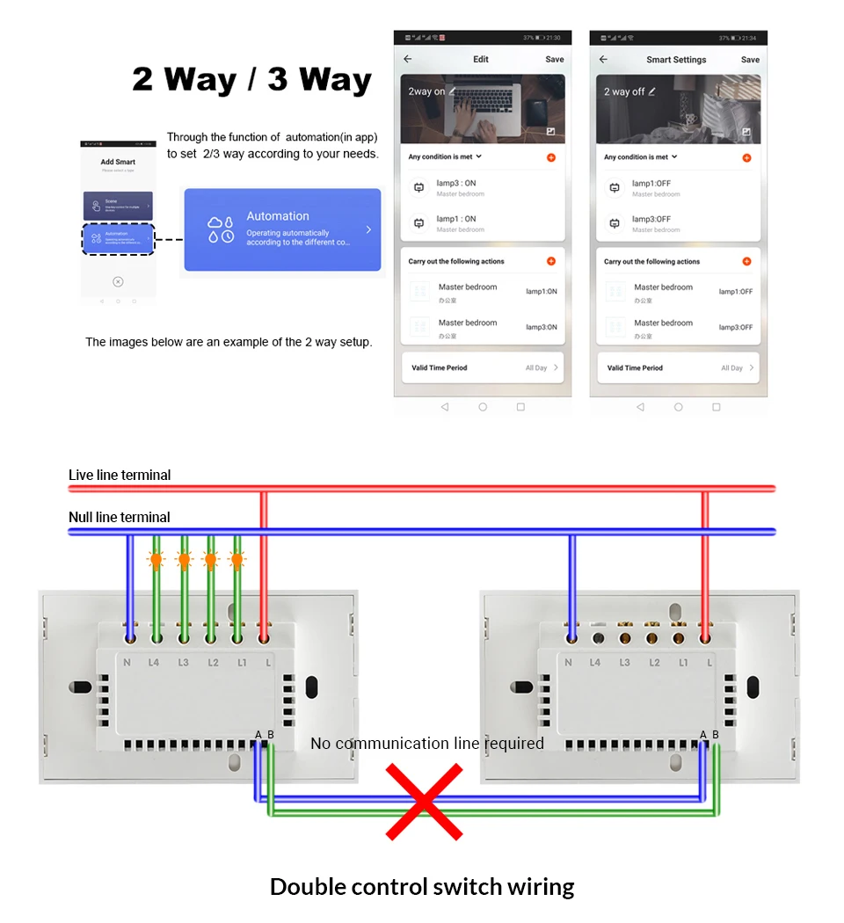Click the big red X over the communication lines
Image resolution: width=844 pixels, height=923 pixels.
(x=425, y=801)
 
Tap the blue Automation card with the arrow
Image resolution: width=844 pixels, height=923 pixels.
(x=282, y=229)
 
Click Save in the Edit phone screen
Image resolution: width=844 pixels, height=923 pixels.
(x=554, y=60)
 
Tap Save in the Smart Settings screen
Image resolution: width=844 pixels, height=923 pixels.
(x=750, y=60)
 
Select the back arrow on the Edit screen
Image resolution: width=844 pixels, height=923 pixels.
(x=408, y=60)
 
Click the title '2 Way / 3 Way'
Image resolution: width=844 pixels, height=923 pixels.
(x=251, y=79)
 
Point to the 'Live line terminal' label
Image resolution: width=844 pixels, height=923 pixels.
(x=120, y=476)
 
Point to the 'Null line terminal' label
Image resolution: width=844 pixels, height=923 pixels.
(x=120, y=518)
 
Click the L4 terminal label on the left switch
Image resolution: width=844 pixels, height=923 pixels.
(x=155, y=662)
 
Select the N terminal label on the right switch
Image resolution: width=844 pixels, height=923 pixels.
(x=568, y=662)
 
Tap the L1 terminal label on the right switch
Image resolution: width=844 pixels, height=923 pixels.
(x=683, y=662)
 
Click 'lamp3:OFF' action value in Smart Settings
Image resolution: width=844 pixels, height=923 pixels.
(x=735, y=327)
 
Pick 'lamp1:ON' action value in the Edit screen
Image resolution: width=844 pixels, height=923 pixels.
(x=541, y=292)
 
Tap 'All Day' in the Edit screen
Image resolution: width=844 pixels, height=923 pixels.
(x=536, y=368)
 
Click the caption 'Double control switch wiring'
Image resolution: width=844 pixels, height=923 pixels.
(x=422, y=886)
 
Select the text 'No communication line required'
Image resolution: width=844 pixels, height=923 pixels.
(x=427, y=744)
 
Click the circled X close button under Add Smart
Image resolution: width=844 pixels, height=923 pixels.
(x=118, y=281)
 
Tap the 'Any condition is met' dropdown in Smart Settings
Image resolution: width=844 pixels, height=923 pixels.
(x=641, y=157)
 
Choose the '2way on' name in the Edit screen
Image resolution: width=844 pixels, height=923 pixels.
(x=426, y=91)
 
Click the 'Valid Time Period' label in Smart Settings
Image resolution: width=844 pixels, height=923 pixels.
(x=635, y=368)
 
